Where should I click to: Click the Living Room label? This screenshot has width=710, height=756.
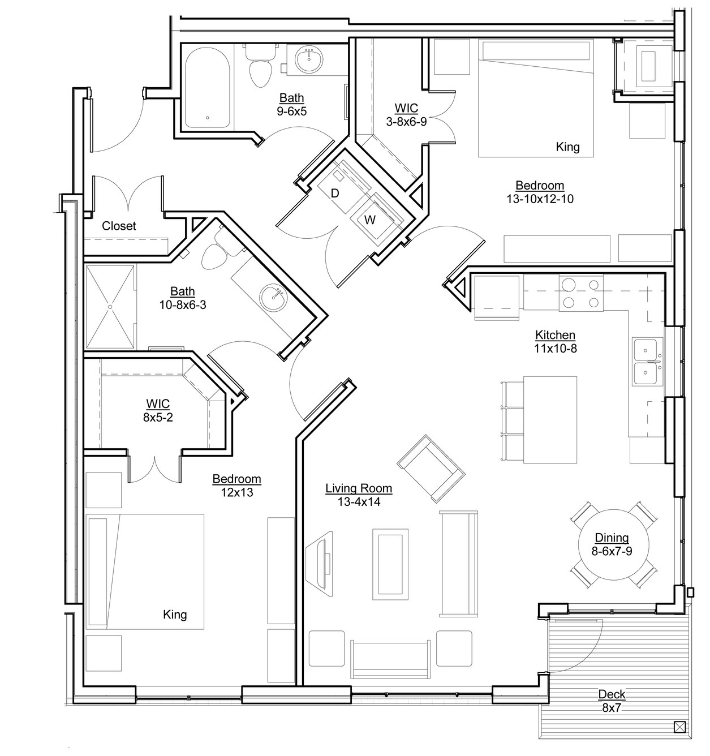359,488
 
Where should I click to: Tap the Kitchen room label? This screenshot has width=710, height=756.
555,335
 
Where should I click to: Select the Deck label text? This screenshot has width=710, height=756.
612,694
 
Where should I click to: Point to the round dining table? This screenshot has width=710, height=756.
613,545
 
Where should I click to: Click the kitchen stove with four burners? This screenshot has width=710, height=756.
581,293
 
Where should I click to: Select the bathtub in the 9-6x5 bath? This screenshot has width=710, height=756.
208,88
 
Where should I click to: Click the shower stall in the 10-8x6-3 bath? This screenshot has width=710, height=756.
110,307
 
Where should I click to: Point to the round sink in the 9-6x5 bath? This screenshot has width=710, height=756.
309,60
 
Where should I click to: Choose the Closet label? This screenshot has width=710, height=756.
119,226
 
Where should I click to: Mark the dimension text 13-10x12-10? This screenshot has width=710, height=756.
540,199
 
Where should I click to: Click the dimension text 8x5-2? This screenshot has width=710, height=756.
158,418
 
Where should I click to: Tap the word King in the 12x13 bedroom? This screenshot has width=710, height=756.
175,615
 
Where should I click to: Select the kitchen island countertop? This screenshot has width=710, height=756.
550,419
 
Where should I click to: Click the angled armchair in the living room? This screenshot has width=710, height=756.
431,469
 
